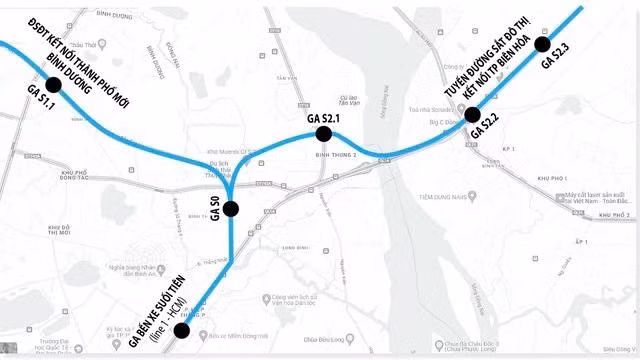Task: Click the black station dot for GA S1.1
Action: pos(53,86)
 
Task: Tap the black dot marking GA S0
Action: pos(231,209)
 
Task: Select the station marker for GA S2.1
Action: pos(323,134)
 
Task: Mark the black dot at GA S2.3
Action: pos(542,44)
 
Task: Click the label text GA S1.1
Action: pos(40,104)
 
